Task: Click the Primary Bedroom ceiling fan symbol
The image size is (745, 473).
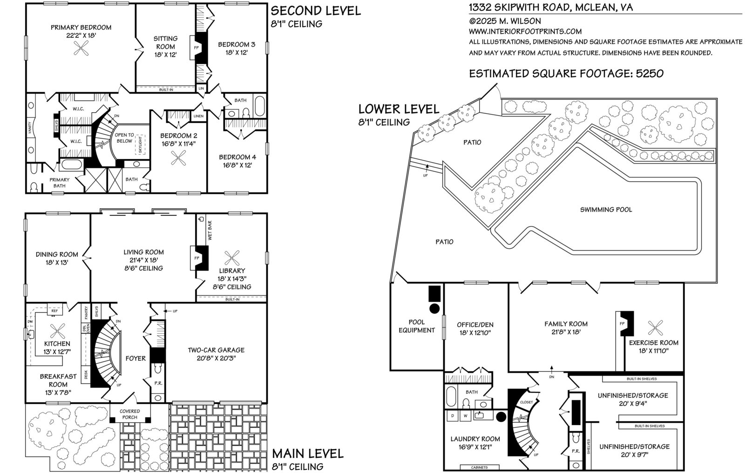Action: pyautogui.click(x=81, y=48)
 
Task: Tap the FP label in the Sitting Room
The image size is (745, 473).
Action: pyautogui.click(x=196, y=48)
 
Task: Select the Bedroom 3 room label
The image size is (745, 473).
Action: pyautogui.click(x=237, y=44)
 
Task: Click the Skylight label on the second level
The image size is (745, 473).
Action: pyautogui.click(x=140, y=145)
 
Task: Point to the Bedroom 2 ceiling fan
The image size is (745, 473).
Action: pyautogui.click(x=178, y=158)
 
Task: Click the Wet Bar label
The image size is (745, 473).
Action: pyautogui.click(x=210, y=230)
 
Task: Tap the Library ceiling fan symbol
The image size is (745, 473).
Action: pyautogui.click(x=232, y=258)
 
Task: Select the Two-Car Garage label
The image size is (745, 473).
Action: pyautogui.click(x=216, y=350)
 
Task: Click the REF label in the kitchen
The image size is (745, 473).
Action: pyautogui.click(x=54, y=311)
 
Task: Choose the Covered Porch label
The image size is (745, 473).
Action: pyautogui.click(x=130, y=414)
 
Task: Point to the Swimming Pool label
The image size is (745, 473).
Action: pyautogui.click(x=606, y=209)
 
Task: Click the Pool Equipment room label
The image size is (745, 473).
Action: pyautogui.click(x=417, y=326)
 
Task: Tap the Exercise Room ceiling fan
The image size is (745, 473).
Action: pyautogui.click(x=655, y=328)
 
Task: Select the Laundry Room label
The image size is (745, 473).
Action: pyautogui.click(x=475, y=439)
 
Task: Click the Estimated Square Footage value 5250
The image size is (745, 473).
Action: pyautogui.click(x=650, y=73)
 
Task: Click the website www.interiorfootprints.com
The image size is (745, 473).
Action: pyautogui.click(x=525, y=31)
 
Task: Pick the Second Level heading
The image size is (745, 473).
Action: pyautogui.click(x=316, y=11)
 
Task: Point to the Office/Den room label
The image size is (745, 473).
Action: pyautogui.click(x=475, y=324)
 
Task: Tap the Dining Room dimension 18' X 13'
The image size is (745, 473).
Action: pyautogui.click(x=57, y=262)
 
